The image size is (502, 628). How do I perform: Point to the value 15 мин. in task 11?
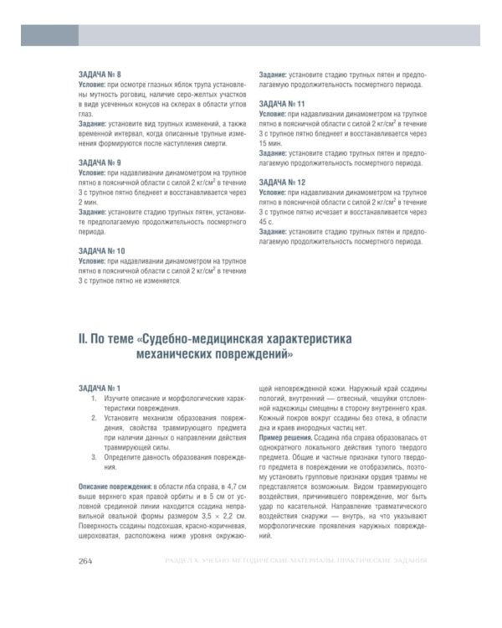[271, 142]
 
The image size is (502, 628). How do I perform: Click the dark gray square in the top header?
[49, 34]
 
